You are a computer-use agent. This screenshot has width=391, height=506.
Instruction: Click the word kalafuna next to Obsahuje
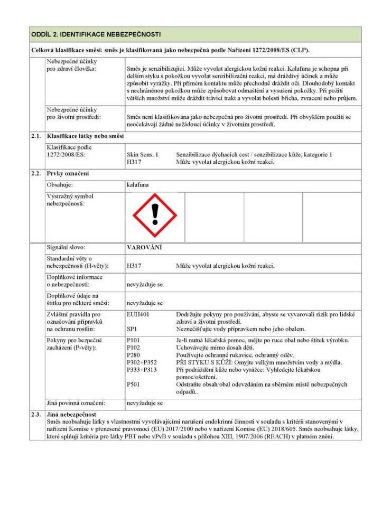138,185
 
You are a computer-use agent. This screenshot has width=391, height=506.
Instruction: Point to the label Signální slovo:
66,247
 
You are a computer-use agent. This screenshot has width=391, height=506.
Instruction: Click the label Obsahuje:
59,185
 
